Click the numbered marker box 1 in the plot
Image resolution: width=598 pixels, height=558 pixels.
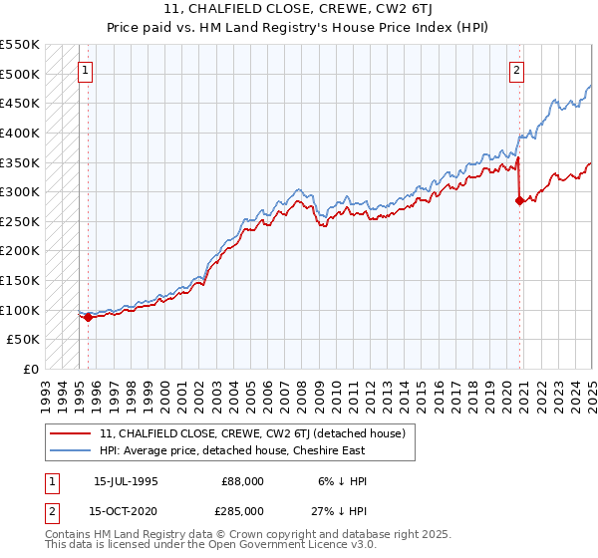pyautogui.click(x=86, y=71)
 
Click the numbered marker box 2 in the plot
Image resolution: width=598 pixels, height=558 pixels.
pyautogui.click(x=517, y=71)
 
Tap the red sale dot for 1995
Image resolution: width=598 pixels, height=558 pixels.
pyautogui.click(x=88, y=318)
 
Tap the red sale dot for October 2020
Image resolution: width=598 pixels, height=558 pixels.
pyautogui.click(x=519, y=200)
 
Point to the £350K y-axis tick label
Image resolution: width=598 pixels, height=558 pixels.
pyautogui.click(x=20, y=161)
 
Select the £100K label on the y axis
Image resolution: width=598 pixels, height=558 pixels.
pyautogui.click(x=20, y=310)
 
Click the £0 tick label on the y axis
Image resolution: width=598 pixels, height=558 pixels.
pyautogui.click(x=31, y=369)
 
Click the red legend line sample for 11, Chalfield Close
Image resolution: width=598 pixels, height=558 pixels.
pyautogui.click(x=71, y=434)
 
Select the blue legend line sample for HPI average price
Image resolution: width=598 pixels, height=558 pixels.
pyautogui.click(x=71, y=450)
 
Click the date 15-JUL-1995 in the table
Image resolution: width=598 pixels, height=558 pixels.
pyautogui.click(x=126, y=481)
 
